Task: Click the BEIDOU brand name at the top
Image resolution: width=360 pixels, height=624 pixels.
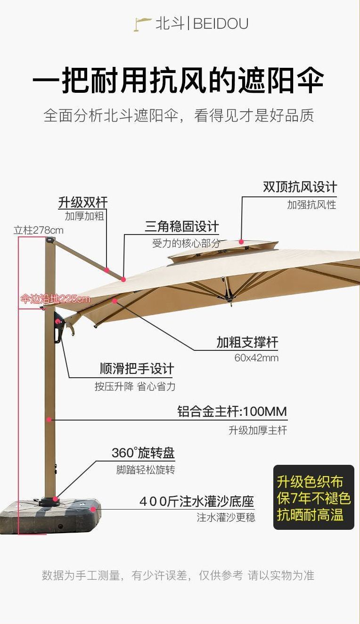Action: coord(221,24)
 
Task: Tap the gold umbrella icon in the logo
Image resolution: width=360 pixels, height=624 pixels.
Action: coord(142,24)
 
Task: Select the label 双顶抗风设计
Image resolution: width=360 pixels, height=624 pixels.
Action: coord(300,187)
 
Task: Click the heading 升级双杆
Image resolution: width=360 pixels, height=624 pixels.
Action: coord(83,203)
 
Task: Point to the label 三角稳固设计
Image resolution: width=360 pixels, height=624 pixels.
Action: coord(182,227)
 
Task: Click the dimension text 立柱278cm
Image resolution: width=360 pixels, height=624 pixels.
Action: coord(38,230)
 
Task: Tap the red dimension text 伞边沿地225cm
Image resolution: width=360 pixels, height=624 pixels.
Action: coord(55,299)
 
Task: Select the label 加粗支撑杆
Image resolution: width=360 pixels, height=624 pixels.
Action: coord(247,342)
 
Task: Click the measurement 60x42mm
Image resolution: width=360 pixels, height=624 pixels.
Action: coord(256,358)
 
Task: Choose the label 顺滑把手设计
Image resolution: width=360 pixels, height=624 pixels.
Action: coord(137,368)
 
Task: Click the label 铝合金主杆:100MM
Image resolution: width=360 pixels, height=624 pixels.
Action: coord(232,412)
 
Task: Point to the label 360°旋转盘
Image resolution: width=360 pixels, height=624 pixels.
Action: coord(143,453)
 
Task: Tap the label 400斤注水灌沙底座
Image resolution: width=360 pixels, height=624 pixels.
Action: coord(196,502)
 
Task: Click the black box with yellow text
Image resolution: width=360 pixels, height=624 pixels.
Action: coord(313,498)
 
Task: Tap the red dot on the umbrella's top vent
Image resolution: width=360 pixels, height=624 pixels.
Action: coord(242,242)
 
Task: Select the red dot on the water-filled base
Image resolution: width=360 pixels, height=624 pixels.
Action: coord(93,509)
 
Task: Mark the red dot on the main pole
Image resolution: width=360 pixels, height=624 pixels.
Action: coord(49,419)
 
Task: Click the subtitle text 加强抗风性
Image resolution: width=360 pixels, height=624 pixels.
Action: coord(311,205)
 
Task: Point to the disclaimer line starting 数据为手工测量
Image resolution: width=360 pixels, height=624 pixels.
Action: coord(178,575)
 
